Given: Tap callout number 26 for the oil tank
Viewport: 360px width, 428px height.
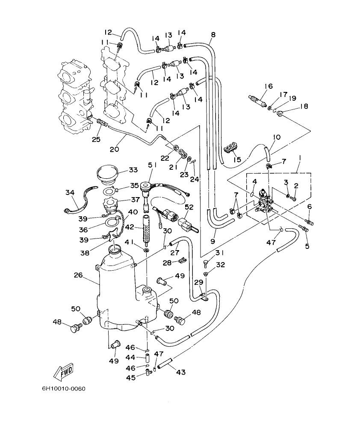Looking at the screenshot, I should [78, 275].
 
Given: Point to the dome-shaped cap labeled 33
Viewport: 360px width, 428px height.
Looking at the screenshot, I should [107, 174].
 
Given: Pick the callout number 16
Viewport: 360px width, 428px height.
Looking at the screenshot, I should [268, 86].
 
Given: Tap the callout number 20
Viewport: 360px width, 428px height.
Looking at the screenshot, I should [114, 149].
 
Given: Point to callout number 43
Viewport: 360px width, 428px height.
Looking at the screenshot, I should [181, 372].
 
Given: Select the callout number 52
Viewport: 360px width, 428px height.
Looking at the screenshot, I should [189, 207].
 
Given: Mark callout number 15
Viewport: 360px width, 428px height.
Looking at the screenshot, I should [237, 159].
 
